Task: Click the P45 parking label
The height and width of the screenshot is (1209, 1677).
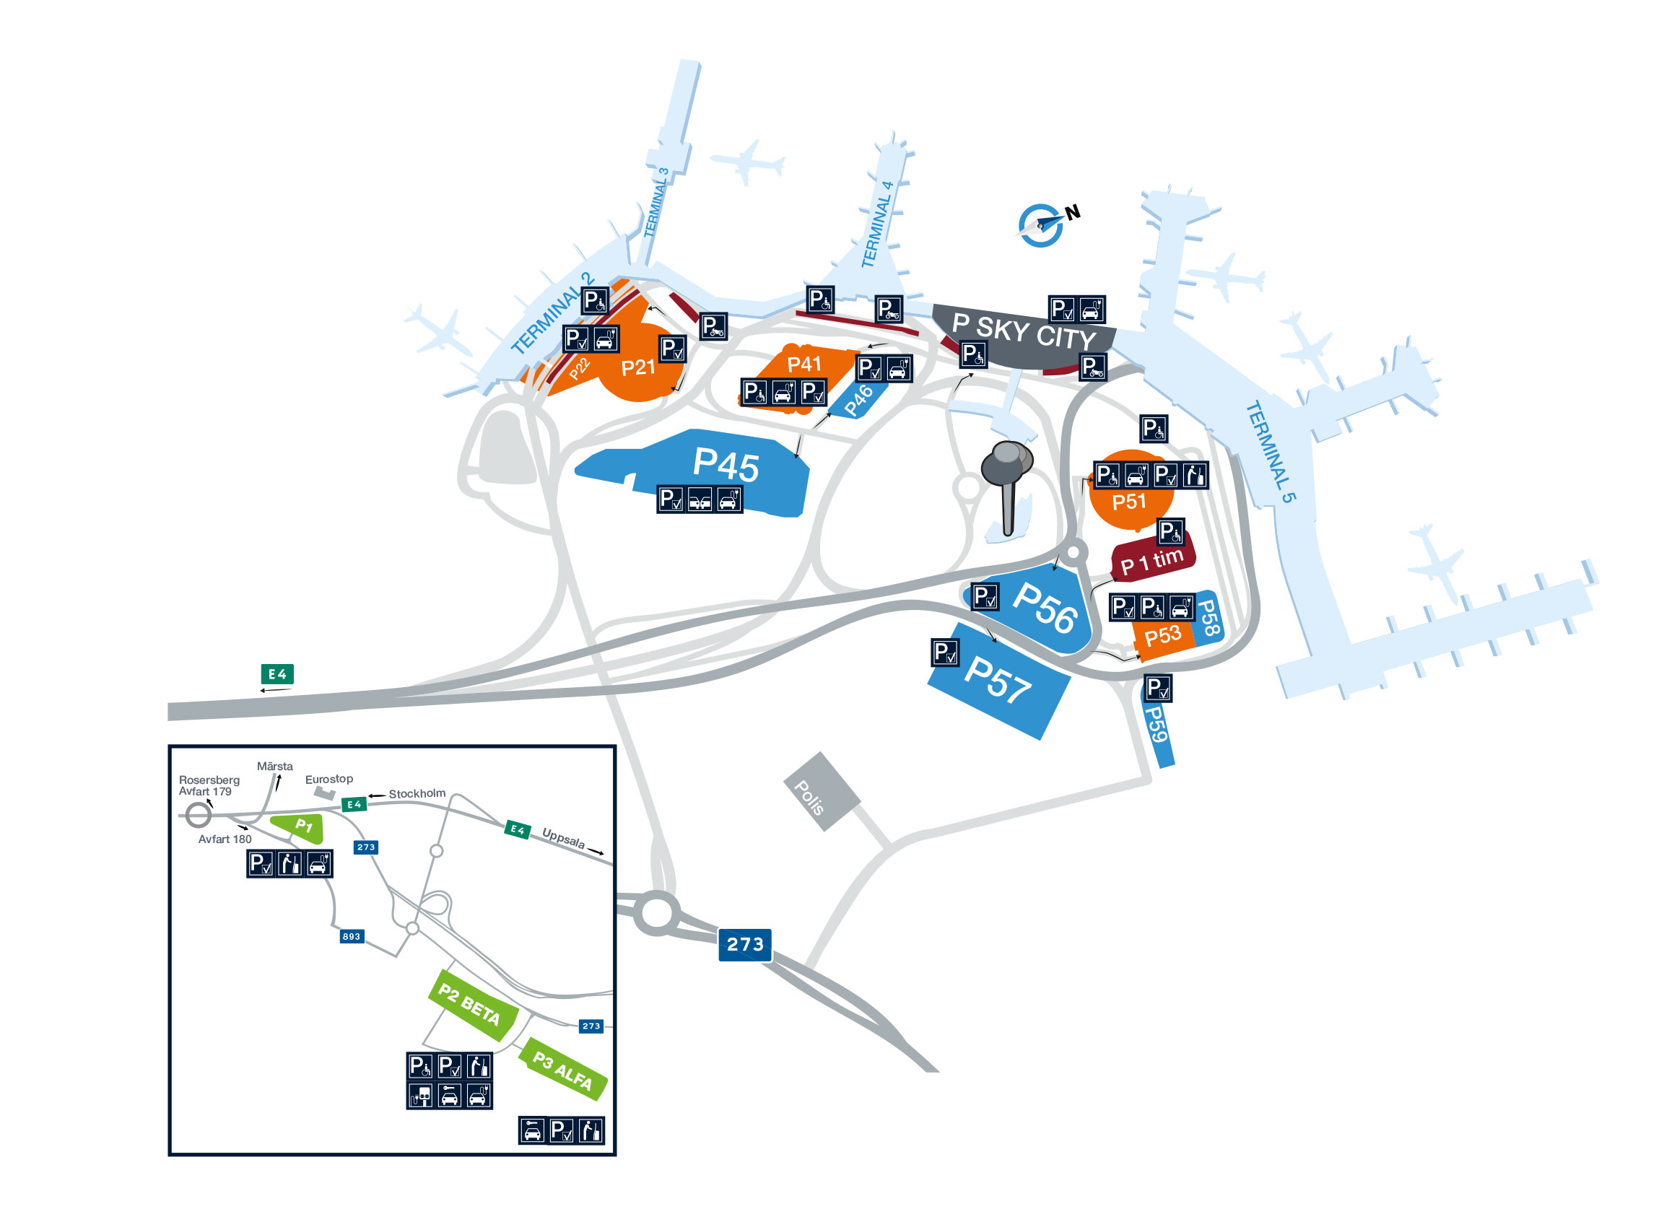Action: click(x=725, y=464)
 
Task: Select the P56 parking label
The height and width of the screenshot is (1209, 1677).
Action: click(x=1044, y=608)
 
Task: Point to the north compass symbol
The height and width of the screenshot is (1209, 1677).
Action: click(x=1042, y=224)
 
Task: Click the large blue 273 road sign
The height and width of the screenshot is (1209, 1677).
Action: click(x=744, y=944)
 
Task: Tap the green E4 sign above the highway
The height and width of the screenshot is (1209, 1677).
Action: click(x=277, y=673)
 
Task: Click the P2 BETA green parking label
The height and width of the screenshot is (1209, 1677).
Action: click(x=469, y=1004)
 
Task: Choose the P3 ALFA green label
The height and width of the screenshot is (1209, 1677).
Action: click(x=562, y=1070)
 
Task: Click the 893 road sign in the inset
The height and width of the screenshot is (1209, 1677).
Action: click(x=352, y=936)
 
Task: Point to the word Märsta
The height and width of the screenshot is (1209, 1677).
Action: click(x=274, y=766)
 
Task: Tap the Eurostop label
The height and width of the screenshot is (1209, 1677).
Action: click(x=329, y=779)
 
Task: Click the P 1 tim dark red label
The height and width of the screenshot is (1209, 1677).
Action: click(x=1152, y=562)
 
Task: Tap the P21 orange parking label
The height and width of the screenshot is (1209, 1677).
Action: click(x=637, y=367)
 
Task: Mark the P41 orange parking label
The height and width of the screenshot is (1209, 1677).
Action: click(x=803, y=364)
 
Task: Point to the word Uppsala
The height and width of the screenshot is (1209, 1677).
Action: click(x=562, y=838)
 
